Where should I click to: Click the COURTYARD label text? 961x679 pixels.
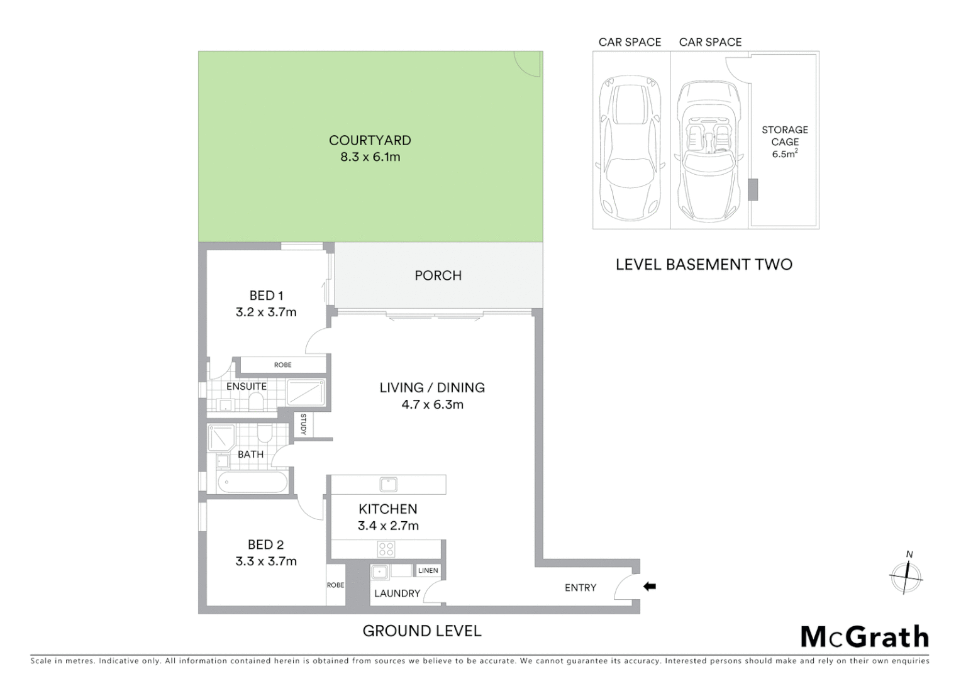click(x=370, y=140)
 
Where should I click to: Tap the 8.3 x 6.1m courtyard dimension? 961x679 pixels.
click(x=370, y=157)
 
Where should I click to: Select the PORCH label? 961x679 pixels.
click(x=438, y=275)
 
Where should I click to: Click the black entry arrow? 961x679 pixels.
click(x=650, y=587)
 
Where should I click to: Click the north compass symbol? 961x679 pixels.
click(x=906, y=575)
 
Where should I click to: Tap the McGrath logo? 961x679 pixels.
click(x=865, y=637)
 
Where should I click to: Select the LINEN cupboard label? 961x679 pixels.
click(x=428, y=571)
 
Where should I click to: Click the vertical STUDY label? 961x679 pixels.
click(x=303, y=424)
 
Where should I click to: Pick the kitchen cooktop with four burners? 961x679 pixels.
click(x=386, y=549)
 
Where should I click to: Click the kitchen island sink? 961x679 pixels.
click(x=388, y=484)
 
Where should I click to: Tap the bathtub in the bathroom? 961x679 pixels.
click(x=252, y=483)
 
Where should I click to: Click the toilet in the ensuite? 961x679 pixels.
click(x=256, y=400)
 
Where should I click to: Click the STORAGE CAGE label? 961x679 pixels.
click(x=784, y=136)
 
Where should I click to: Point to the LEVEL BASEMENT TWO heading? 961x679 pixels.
click(x=704, y=265)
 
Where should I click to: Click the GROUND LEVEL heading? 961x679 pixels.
click(x=422, y=631)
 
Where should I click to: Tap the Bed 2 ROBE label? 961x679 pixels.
click(x=335, y=585)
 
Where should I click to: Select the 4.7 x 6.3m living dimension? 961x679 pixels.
click(x=432, y=405)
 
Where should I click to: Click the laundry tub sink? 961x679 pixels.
click(x=379, y=573)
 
